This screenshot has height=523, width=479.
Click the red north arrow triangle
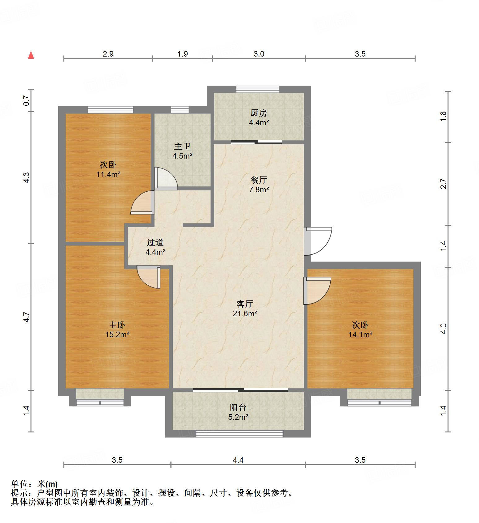coord(31,55)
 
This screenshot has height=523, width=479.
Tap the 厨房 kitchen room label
coord(259,117)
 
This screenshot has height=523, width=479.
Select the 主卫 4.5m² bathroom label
coord(182,151)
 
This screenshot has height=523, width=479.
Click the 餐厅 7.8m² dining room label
coord(259,185)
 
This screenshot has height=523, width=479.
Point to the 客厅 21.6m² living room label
coord(245,308)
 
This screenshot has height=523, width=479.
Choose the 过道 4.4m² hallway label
coord(155,247)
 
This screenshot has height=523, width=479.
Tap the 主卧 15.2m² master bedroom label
coord(117,330)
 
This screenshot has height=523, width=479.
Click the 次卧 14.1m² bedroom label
coord(360,330)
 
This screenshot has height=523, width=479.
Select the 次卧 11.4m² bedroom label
coord(108,169)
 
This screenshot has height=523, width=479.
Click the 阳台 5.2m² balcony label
coord(238,412)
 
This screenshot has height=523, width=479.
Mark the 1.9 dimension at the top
coord(182,54)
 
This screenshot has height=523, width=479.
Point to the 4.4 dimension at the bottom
coord(238,460)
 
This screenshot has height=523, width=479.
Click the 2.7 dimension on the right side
coord(443,184)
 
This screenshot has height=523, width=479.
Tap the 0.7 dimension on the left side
coord(27,100)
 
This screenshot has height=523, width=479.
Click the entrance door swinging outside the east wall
coord(318,241)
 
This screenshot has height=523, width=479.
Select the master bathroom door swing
coord(166,179)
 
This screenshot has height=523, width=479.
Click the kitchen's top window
coord(258,89)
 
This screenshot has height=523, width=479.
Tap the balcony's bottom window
coord(239,434)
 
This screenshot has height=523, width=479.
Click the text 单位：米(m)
coord(34,484)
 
